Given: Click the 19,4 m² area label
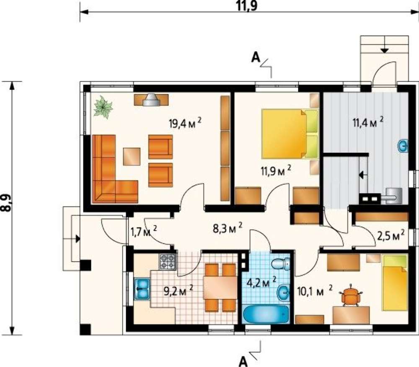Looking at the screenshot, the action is pos(185,123).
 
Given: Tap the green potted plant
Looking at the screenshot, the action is pos(103,107).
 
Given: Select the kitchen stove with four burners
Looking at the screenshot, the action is pos(168,261).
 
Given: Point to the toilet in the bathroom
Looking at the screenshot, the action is pos(281,264).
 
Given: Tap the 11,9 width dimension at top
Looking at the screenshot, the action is pos(247,6).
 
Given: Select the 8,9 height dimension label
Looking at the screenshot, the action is pos(6,203).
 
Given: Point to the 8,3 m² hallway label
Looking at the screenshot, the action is pos(228,228).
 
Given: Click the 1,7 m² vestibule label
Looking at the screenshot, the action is pos(143,231).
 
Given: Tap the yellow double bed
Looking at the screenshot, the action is pos(290,134).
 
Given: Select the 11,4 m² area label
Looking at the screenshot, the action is pos(368,123).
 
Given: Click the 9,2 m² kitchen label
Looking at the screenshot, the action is pos(178,291).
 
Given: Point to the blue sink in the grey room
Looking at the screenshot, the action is pos(403,146).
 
